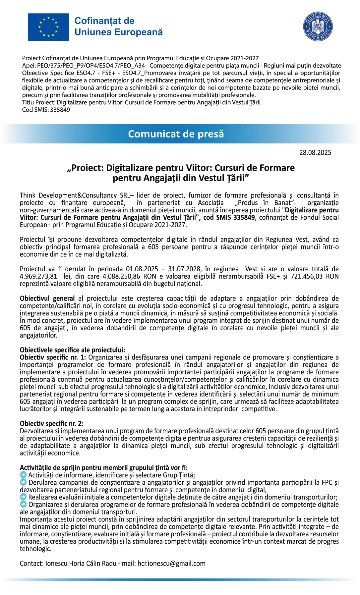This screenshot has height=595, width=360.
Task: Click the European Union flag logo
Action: pyautogui.click(x=48, y=27)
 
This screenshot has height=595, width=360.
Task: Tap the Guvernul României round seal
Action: pyautogui.click(x=318, y=27)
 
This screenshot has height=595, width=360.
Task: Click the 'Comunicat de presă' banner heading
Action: pyautogui.click(x=176, y=134)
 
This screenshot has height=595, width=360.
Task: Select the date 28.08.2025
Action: pyautogui.click(x=315, y=152)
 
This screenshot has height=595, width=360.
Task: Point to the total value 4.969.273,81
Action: pyautogui.click(x=38, y=276)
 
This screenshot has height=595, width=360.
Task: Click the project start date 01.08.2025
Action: pyautogui.click(x=142, y=269)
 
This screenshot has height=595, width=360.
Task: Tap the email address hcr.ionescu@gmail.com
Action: pyautogui.click(x=171, y=564)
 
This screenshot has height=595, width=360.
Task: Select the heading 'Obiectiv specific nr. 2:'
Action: pyautogui.click(x=52, y=424)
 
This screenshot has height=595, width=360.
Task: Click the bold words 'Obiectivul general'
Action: pyautogui.click(x=47, y=298)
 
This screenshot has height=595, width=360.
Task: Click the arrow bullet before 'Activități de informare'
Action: pyautogui.click(x=23, y=475)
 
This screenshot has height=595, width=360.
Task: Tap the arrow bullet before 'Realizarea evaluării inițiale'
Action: pyautogui.click(x=23, y=497)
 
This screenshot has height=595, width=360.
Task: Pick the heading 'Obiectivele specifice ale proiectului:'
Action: pyautogui.click(x=72, y=350)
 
